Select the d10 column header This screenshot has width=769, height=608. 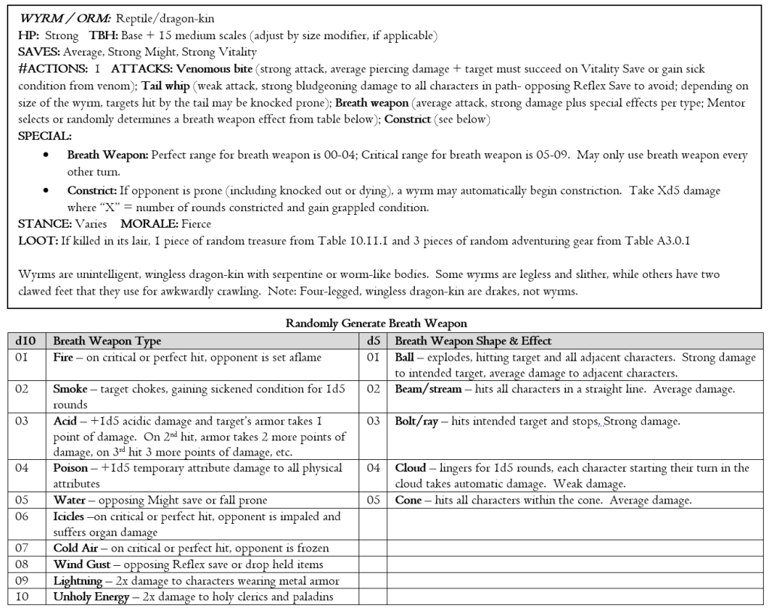coord(26,341)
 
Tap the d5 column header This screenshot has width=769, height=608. coord(372,341)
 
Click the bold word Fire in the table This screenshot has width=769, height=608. coord(63,358)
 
